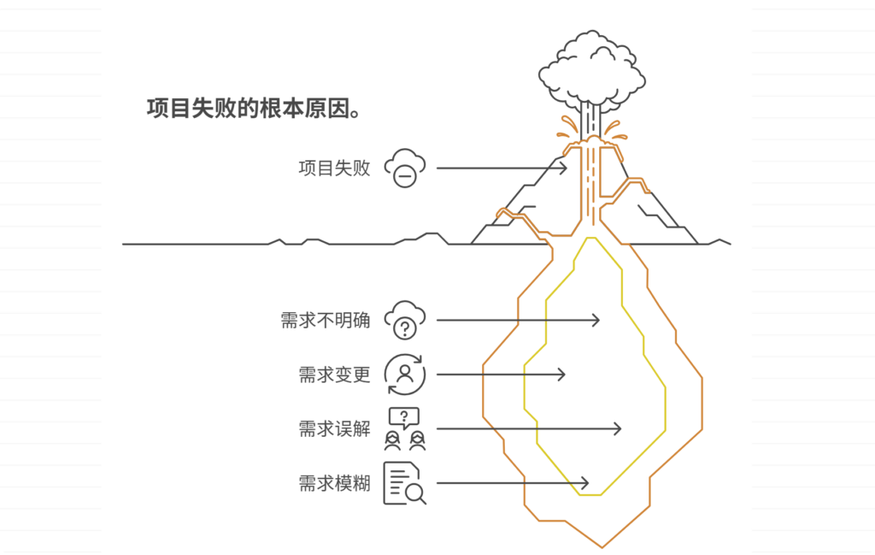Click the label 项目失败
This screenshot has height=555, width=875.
[334, 168]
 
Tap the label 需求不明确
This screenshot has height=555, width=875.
[325, 321]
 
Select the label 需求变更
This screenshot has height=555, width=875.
[334, 375]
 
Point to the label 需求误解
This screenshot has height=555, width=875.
[334, 429]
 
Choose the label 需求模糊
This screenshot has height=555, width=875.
[334, 483]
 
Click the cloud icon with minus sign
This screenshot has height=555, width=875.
[404, 168]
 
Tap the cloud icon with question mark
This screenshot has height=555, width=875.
[404, 321]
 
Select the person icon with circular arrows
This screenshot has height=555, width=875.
[404, 375]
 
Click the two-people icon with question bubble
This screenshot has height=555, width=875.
[404, 429]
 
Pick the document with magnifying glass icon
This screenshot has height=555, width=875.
[404, 483]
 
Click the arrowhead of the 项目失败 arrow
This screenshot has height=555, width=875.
[564, 168]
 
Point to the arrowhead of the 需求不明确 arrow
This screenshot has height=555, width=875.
[596, 321]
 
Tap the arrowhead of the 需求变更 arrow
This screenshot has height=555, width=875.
[562, 375]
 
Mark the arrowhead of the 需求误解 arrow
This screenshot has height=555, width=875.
[618, 429]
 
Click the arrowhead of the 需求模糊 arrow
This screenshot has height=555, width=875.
[585, 483]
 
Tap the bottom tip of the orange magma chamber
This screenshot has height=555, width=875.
[602, 546]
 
